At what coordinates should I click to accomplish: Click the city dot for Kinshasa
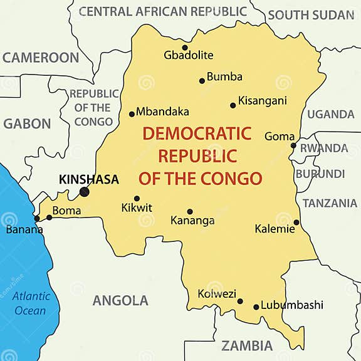click(x=84, y=192)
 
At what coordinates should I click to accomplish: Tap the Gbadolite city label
click(x=189, y=56)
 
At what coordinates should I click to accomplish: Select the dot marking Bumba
click(x=202, y=80)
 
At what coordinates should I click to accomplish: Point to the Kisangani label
click(x=263, y=100)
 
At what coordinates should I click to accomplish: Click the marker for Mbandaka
click(x=132, y=114)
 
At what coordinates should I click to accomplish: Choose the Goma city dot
click(x=293, y=145)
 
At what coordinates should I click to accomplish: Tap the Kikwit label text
click(x=137, y=208)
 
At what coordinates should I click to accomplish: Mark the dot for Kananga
click(x=190, y=212)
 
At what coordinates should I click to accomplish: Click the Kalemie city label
click(x=275, y=229)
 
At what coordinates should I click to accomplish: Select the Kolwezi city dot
click(x=240, y=301)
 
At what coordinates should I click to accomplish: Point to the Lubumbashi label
click(x=293, y=305)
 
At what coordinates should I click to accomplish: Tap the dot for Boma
click(x=50, y=217)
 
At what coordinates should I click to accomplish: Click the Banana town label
click(x=24, y=229)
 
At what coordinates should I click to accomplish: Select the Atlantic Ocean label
click(x=30, y=304)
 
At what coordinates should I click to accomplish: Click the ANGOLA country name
click(x=120, y=301)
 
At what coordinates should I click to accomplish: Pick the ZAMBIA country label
click(x=247, y=346)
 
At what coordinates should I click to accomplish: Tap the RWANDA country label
click(x=323, y=149)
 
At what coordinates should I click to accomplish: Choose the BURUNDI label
click(x=320, y=174)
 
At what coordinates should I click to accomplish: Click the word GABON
click(x=27, y=124)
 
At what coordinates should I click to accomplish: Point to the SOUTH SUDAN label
click(x=311, y=15)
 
